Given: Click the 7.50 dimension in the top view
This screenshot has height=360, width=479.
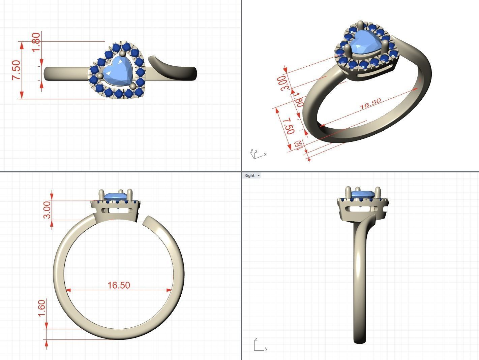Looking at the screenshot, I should (x=16, y=70).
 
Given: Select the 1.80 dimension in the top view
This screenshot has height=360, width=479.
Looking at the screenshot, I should (x=36, y=42).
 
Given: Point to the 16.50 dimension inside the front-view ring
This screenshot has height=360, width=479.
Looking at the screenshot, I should (x=119, y=285).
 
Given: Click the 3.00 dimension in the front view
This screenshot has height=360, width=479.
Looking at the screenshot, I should (x=47, y=209).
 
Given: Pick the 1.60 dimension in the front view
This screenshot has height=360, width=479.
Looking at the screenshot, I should (x=41, y=308).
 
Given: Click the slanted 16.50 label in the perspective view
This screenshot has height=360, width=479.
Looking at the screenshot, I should (x=370, y=104).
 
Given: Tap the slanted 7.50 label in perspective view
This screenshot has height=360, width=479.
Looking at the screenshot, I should (x=289, y=126).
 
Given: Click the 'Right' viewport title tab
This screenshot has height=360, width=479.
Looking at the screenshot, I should (x=249, y=175).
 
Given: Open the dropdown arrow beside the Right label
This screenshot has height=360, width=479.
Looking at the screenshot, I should (x=259, y=175).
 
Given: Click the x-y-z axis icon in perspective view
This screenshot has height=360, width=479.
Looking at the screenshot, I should (x=257, y=154).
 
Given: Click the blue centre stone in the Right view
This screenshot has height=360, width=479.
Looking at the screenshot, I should (x=363, y=195).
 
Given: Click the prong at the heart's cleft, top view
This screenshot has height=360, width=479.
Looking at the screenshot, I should (x=122, y=54).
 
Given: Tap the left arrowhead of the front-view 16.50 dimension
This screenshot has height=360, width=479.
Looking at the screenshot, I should (x=68, y=290).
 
